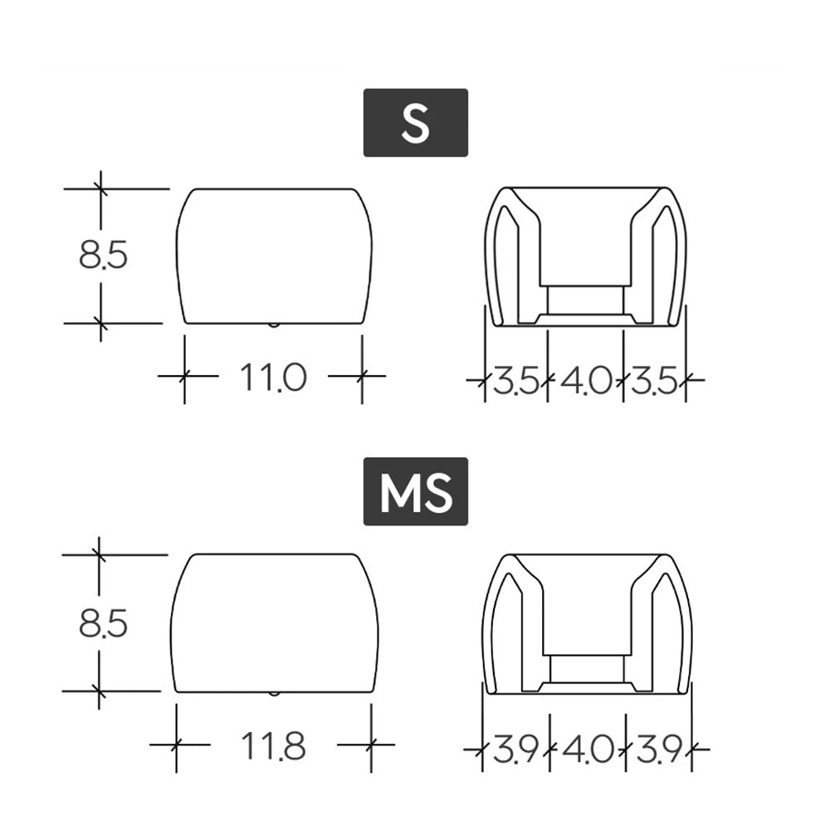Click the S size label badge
(415, 122)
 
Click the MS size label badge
(415, 491)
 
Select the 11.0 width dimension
(273, 378)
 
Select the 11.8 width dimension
(273, 747)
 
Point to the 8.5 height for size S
(103, 256)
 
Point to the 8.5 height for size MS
(103, 623)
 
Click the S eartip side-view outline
(274, 256)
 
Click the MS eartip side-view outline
(274, 622)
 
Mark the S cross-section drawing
(586, 256)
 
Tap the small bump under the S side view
(274, 325)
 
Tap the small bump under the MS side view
(274, 693)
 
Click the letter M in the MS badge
(398, 492)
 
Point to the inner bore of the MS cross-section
(588, 668)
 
